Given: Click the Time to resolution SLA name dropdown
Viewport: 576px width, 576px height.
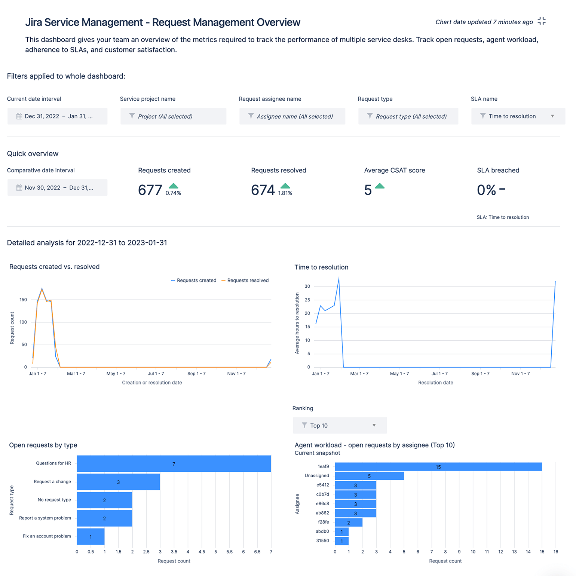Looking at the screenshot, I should click(x=518, y=116).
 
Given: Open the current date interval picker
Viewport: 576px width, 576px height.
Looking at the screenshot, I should click(x=57, y=116).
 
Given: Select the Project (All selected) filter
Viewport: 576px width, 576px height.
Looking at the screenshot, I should click(x=173, y=116).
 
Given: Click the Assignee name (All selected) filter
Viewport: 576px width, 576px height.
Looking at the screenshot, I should click(x=292, y=116).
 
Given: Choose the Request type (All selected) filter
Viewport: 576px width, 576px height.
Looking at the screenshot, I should click(x=408, y=116).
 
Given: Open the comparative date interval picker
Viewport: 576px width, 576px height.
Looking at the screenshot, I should click(x=57, y=188).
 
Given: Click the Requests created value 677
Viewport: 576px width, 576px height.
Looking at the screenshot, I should click(x=150, y=190).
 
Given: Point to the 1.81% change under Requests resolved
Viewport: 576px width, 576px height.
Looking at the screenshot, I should click(x=285, y=193).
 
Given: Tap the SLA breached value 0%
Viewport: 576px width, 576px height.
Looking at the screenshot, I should click(x=486, y=190).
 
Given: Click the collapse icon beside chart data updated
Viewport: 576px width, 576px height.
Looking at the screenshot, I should click(x=541, y=21).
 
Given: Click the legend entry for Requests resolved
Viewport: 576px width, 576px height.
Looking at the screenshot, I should click(x=245, y=281).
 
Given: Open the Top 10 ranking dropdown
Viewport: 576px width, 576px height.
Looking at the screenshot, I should click(x=340, y=426).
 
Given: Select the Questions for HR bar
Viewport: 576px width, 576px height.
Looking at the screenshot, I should click(x=174, y=464).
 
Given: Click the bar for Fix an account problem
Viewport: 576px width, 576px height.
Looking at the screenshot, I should click(x=91, y=536).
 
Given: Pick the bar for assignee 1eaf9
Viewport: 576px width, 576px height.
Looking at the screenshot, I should click(x=438, y=467).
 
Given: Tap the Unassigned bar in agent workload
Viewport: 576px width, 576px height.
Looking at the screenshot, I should click(x=369, y=476).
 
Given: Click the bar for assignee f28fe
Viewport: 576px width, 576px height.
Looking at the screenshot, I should click(x=349, y=523).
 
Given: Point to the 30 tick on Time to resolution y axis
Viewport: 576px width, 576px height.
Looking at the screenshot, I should click(x=307, y=287).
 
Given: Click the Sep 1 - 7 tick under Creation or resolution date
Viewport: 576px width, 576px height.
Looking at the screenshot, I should click(x=196, y=374).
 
